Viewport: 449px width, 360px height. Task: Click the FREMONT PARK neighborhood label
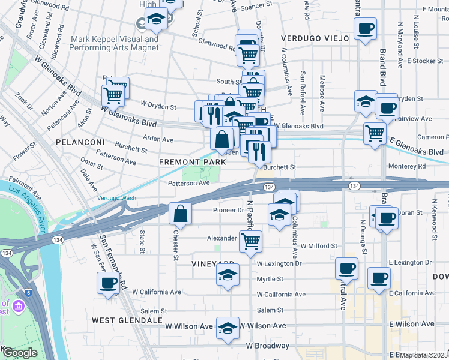point(192,162)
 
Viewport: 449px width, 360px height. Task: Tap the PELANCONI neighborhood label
point(80,142)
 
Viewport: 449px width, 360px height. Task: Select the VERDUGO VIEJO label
point(315,38)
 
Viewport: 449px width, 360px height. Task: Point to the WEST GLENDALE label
point(127,320)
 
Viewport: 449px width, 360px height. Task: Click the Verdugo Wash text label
point(117,198)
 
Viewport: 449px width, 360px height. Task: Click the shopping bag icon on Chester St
point(181,213)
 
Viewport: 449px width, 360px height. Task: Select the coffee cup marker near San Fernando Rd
point(109,283)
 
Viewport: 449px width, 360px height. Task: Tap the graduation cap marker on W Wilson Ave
point(228,328)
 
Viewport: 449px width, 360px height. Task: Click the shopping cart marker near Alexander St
point(250,242)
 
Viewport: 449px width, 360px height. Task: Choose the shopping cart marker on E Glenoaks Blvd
point(375,133)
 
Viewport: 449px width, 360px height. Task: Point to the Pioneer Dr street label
point(229,210)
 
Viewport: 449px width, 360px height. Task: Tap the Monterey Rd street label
point(407,166)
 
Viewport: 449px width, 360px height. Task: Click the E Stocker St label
point(424,61)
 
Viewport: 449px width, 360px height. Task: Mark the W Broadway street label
point(267,346)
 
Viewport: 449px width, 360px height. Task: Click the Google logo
point(19,352)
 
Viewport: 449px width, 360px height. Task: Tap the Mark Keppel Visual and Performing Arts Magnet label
point(115,43)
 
